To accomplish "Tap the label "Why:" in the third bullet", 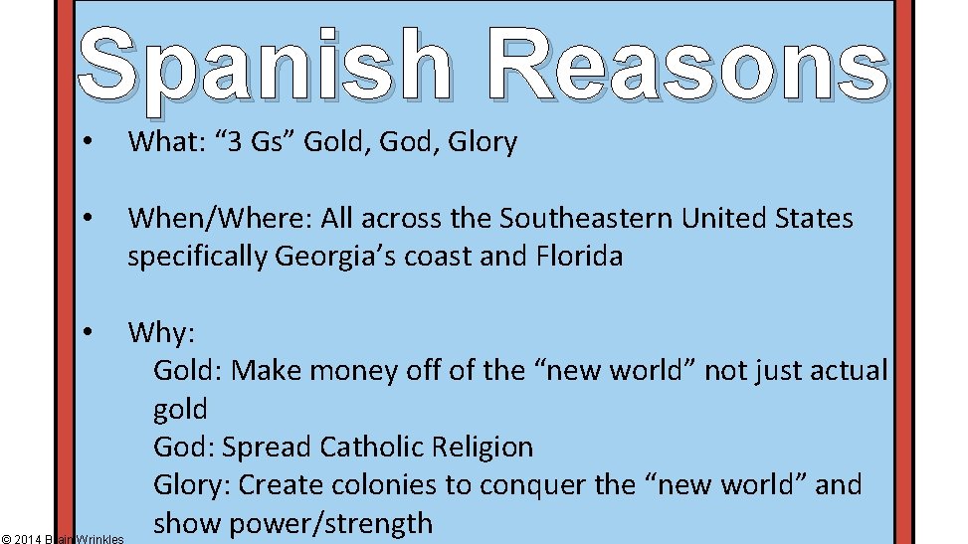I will [160, 332].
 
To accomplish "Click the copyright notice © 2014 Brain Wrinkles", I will [63, 538].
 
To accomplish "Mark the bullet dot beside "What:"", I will [89, 142].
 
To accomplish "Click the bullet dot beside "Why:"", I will [89, 332].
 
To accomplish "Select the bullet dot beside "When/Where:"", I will [89, 218].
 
